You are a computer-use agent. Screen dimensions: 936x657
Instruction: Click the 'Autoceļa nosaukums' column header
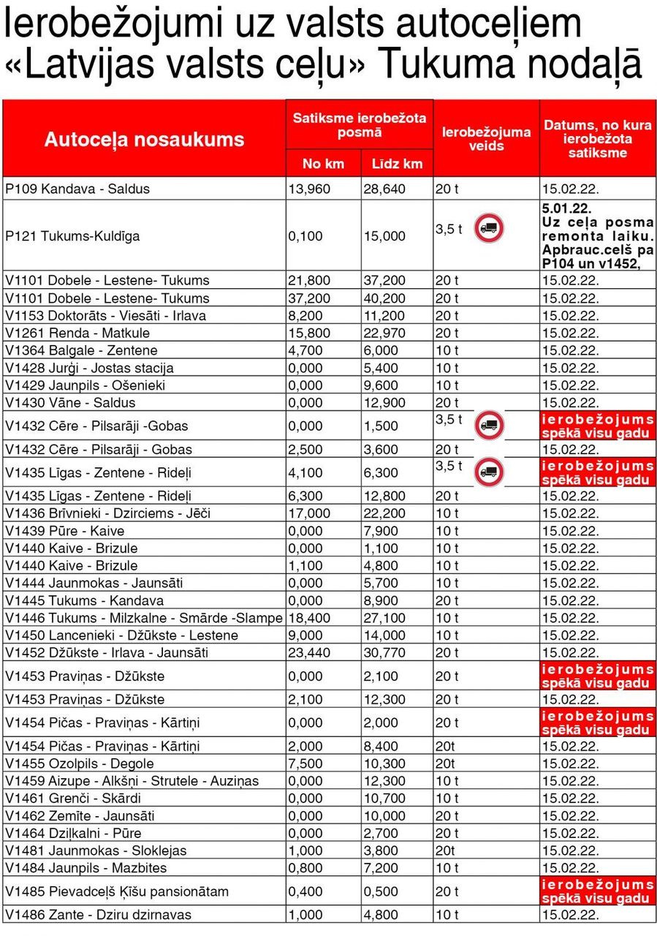point(144,140)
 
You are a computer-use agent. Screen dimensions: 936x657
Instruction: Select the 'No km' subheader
point(323,163)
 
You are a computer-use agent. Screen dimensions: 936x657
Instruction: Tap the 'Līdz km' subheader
point(397,163)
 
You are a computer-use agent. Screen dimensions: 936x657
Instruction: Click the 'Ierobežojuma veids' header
point(486,139)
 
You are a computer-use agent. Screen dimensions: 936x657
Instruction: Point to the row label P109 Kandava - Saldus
point(77,189)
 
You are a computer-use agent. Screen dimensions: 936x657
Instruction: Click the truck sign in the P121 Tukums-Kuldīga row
point(488,229)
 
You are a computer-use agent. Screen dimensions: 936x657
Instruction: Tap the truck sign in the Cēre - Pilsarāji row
point(488,425)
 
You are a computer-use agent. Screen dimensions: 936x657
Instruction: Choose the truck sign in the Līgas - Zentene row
point(488,472)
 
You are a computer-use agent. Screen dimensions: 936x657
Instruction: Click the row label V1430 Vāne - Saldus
point(70,402)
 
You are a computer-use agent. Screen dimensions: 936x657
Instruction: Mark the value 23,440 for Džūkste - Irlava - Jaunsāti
point(309,652)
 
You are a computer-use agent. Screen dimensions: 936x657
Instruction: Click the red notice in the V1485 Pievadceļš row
point(598,891)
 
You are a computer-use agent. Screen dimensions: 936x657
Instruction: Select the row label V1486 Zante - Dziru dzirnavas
point(98,914)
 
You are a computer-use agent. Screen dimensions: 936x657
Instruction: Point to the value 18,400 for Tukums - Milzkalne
point(309,618)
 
